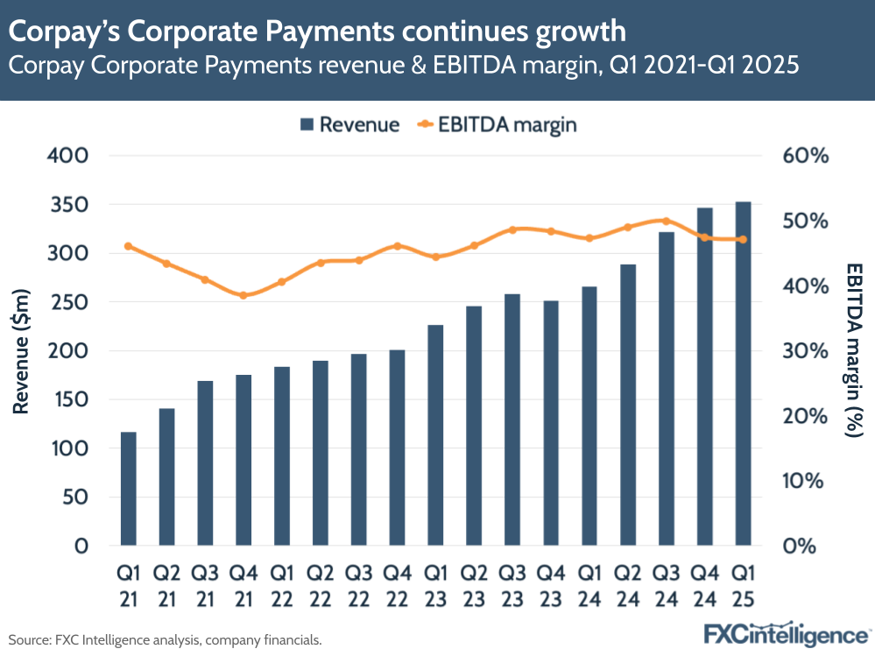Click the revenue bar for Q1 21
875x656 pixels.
129,489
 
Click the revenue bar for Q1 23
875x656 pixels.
435,435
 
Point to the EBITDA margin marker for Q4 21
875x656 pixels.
243,295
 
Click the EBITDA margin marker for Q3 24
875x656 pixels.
666,222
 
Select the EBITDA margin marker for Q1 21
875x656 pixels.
129,246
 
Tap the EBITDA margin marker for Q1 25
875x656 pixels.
743,239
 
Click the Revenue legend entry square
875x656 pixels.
307,125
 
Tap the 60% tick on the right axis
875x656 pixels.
805,156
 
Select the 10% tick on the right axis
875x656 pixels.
805,481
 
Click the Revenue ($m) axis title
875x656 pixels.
22,350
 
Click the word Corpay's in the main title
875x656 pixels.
74,32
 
